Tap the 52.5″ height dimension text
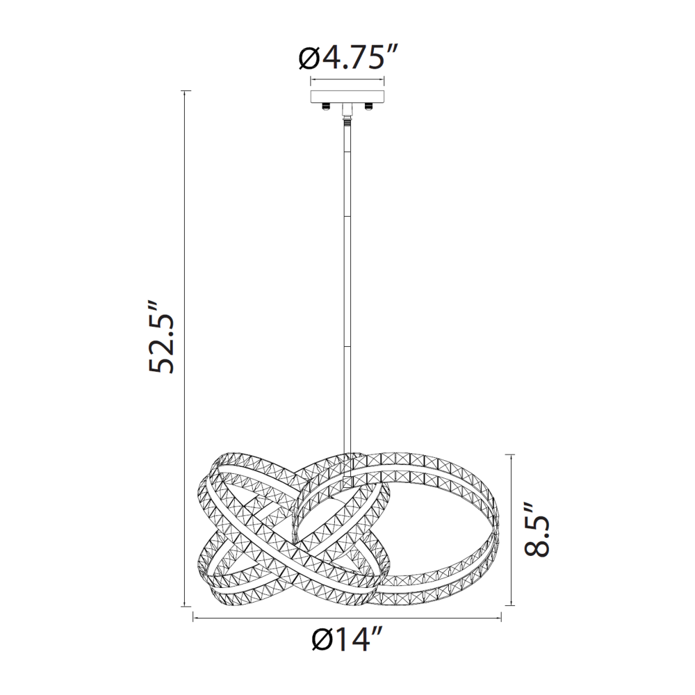point(161,338)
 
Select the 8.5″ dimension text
point(537,529)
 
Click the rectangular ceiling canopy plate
point(347,96)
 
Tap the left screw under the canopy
point(327,106)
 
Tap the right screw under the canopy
point(368,106)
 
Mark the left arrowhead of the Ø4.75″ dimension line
point(311,80)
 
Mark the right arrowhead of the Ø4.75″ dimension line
point(382,80)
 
